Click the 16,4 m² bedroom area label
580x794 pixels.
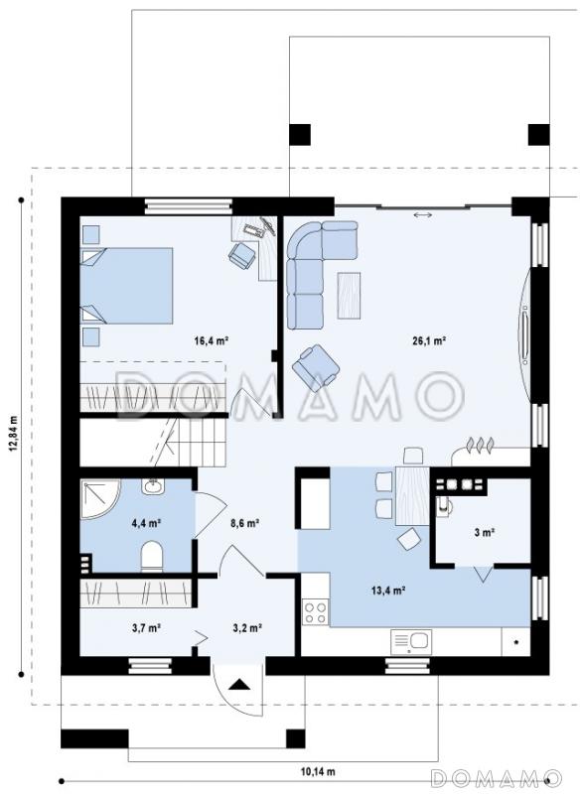pyautogui.click(x=212, y=340)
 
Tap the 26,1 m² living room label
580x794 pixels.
pyautogui.click(x=429, y=340)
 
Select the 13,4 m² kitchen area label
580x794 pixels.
pyautogui.click(x=388, y=591)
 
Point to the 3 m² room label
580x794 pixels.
pyautogui.click(x=485, y=532)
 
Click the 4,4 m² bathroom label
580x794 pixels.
pyautogui.click(x=146, y=523)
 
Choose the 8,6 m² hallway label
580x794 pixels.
pyautogui.click(x=245, y=523)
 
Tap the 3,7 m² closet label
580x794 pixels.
pyautogui.click(x=146, y=628)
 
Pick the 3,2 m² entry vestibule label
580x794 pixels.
pyautogui.click(x=247, y=628)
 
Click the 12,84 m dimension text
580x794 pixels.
pyautogui.click(x=14, y=433)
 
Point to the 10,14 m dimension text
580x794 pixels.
pyautogui.click(x=318, y=772)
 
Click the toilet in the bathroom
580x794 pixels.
pyautogui.click(x=152, y=556)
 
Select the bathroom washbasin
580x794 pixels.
pyautogui.click(x=152, y=486)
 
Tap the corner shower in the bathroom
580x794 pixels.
pyautogui.click(x=99, y=499)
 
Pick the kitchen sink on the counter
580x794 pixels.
pyautogui.click(x=411, y=642)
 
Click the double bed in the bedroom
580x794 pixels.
pyautogui.click(x=127, y=285)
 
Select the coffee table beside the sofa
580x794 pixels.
pyautogui.click(x=349, y=295)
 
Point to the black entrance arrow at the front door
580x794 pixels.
pyautogui.click(x=239, y=685)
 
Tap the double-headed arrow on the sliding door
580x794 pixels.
pyautogui.click(x=422, y=215)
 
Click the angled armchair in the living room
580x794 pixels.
pyautogui.click(x=316, y=368)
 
